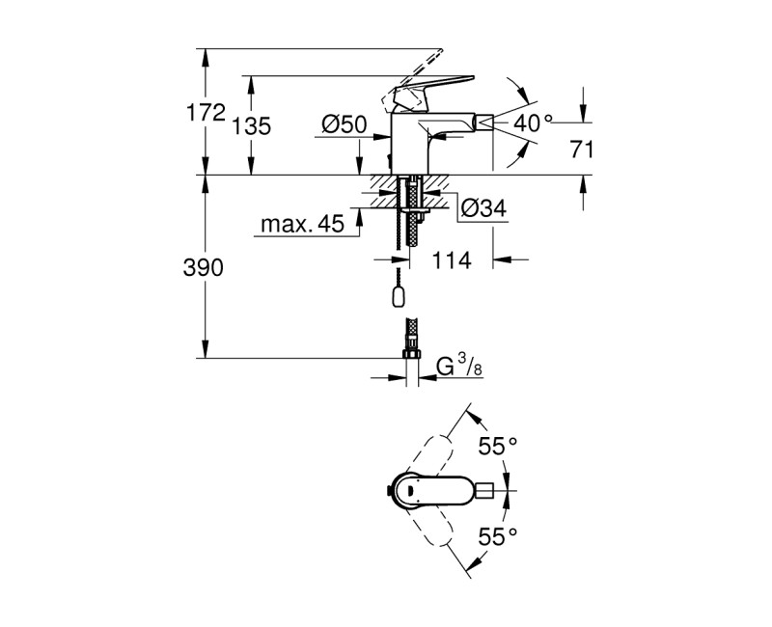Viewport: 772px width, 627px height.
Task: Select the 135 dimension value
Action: click(x=252, y=125)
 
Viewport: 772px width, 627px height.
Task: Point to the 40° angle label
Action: click(x=535, y=123)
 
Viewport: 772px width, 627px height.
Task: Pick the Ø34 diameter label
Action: click(x=483, y=207)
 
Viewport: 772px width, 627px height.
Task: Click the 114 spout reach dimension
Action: click(x=451, y=260)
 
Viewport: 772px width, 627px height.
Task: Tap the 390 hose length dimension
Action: click(x=203, y=267)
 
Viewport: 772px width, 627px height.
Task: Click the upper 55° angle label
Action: click(x=499, y=446)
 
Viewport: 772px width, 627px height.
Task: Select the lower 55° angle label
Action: click(x=499, y=535)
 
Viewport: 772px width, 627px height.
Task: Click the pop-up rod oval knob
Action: click(x=397, y=295)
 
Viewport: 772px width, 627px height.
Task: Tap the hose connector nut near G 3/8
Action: click(x=411, y=359)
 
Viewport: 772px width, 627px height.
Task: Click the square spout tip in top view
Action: click(x=501, y=491)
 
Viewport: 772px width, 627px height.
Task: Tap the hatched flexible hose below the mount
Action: click(x=412, y=227)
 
